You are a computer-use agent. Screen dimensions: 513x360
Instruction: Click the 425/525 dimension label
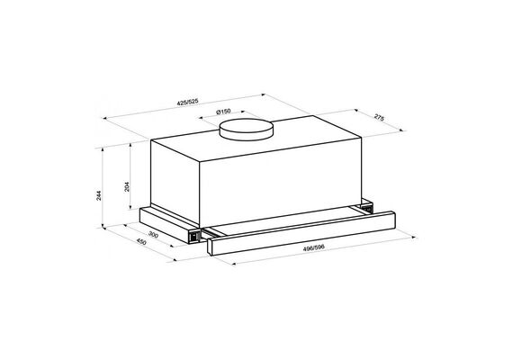(187, 102)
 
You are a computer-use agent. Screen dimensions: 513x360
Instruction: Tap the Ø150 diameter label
(223, 112)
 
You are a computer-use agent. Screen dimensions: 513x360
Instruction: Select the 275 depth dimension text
(379, 118)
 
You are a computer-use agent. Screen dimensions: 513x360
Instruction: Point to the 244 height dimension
(99, 195)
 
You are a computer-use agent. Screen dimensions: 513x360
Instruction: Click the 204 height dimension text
(127, 186)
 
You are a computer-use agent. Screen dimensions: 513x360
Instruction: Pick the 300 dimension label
(153, 234)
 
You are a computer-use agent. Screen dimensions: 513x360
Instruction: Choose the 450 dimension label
(141, 242)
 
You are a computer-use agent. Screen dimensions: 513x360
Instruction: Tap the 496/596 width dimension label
(314, 247)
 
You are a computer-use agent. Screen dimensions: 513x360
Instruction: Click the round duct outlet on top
(246, 130)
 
